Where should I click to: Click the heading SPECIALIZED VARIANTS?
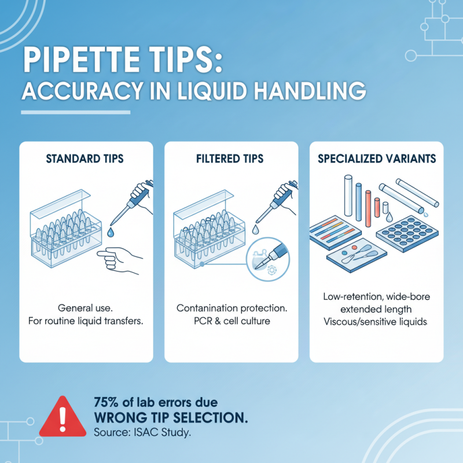pos(377,159)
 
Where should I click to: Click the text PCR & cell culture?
pos(231,320)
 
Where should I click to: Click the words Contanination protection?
pos(231,308)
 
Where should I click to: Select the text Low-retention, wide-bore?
pos(377,297)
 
